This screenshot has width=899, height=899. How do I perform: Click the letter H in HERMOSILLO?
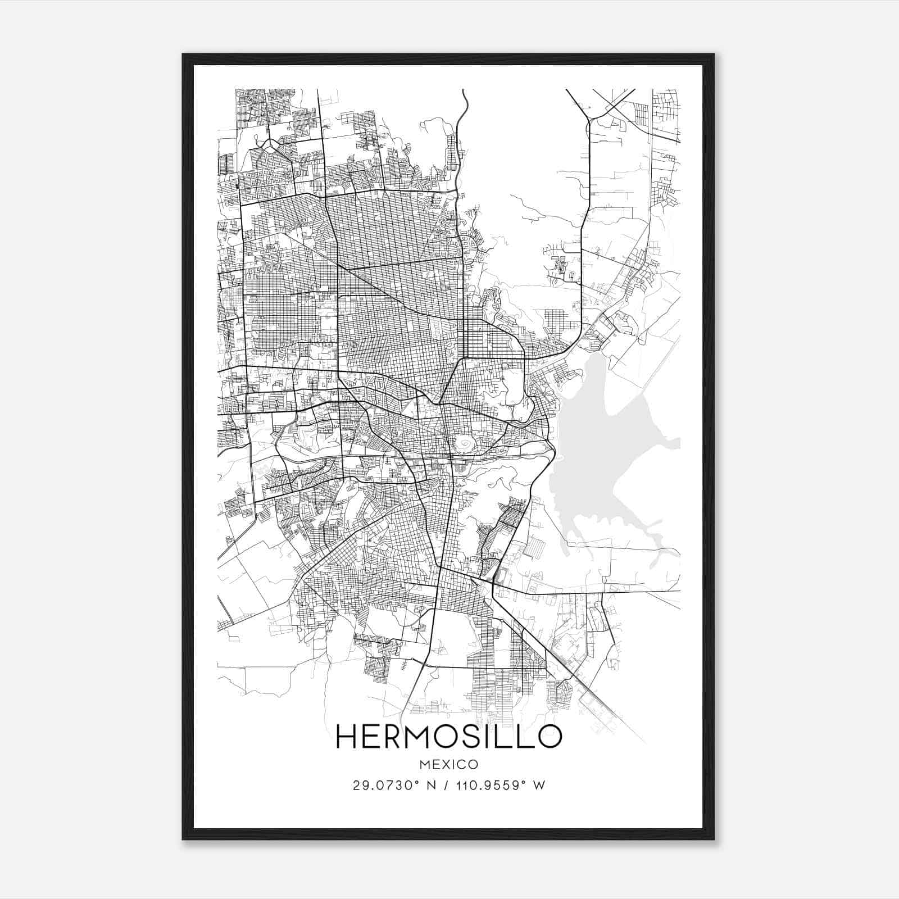(x=347, y=736)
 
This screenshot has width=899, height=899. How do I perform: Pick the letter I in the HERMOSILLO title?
(x=500, y=736)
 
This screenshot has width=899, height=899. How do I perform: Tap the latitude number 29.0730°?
(x=380, y=786)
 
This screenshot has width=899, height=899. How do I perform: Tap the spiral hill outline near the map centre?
(x=464, y=444)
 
